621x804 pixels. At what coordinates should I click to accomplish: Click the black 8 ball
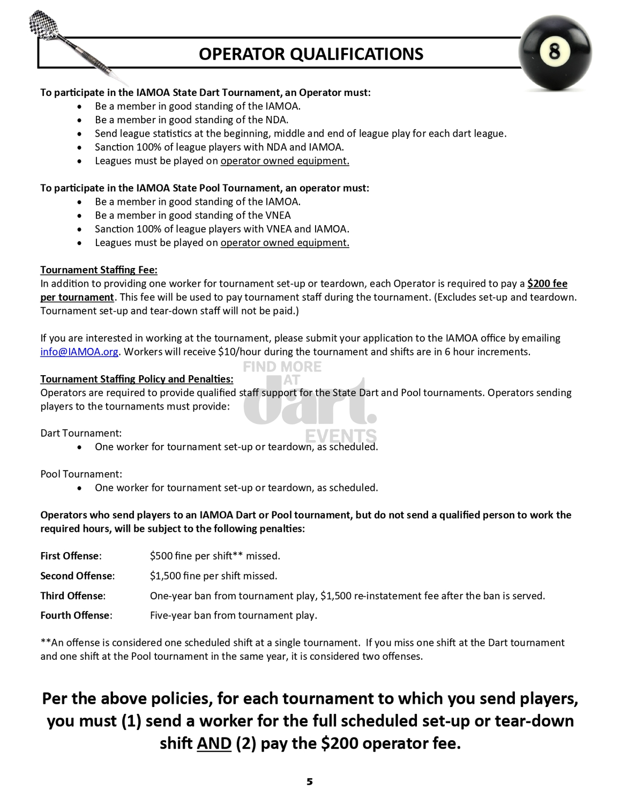pos(555,53)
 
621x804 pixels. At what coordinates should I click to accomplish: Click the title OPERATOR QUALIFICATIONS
pos(311,54)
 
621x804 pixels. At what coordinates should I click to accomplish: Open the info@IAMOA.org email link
pos(79,352)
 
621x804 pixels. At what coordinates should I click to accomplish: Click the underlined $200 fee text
pos(547,284)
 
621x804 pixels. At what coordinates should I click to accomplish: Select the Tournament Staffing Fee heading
pos(99,270)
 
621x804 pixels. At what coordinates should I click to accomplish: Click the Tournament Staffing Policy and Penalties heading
pos(137,379)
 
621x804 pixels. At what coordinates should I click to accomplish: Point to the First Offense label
pos(70,556)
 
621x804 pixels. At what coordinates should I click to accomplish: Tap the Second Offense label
pos(77,576)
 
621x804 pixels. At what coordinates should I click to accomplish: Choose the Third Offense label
pos(72,595)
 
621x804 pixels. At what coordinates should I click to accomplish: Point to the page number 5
pos(310,781)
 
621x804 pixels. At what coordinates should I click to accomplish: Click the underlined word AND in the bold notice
pos(214,743)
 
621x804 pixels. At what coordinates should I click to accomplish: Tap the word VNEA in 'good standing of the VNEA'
pos(278,215)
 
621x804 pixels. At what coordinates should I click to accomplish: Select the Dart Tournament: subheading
pos(81,433)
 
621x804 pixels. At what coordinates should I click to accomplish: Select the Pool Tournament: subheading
pos(81,474)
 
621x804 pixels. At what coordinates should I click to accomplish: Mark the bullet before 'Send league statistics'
pos(79,134)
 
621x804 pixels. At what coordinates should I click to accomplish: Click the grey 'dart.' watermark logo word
pos(310,405)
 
